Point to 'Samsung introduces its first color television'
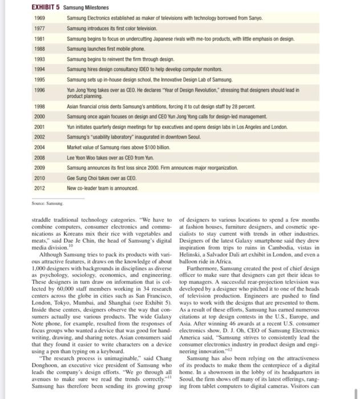114,28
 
